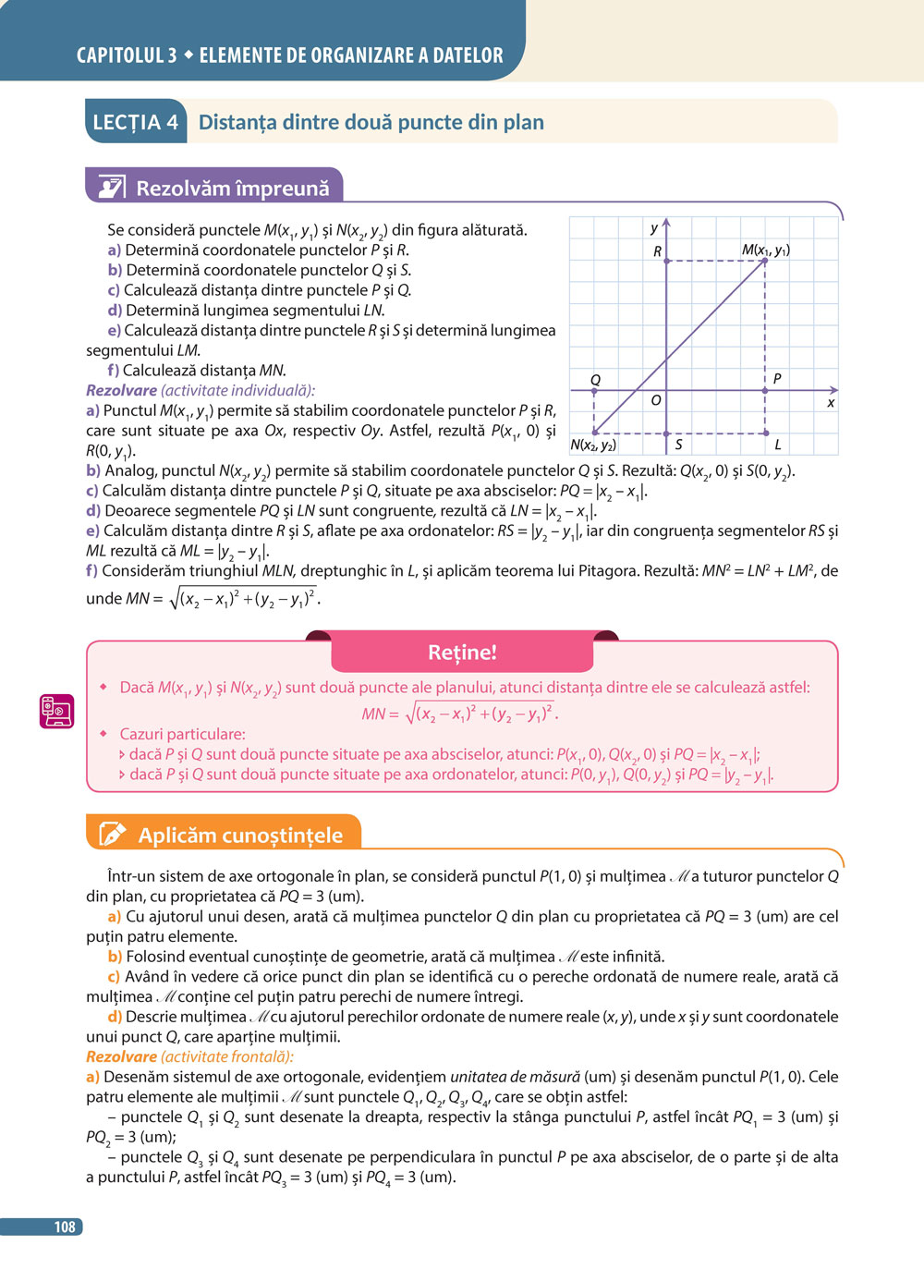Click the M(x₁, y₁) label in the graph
(765, 250)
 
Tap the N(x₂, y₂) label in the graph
(593, 445)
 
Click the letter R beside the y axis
(657, 251)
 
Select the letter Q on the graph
(595, 380)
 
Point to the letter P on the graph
(777, 378)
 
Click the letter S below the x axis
(678, 445)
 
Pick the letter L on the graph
(778, 445)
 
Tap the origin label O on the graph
(656, 400)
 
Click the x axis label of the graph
(831, 403)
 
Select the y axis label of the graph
(654, 228)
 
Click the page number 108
(65, 1226)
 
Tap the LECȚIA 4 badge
(135, 122)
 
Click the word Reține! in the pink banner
(462, 653)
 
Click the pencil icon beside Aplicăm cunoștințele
(112, 834)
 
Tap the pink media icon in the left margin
(56, 711)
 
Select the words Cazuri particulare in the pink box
(182, 734)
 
